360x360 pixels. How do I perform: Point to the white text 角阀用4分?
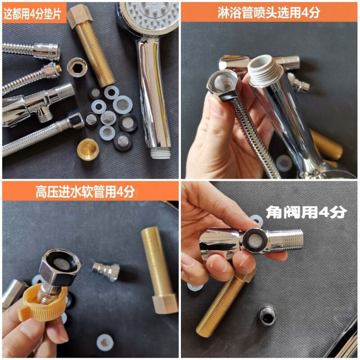(x=306, y=211)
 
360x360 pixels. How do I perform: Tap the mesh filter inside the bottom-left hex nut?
(x=61, y=264)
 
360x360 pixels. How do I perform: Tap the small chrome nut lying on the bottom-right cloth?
(x=267, y=317)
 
